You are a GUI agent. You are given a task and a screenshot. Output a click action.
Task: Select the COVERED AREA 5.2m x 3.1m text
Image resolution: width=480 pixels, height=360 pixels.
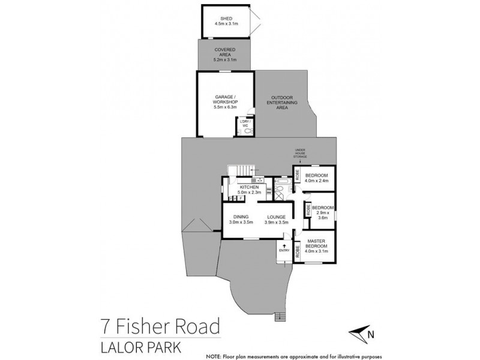pos(225,55)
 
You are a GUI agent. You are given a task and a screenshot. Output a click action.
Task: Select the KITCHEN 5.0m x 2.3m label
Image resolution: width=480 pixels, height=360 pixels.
pos(249,190)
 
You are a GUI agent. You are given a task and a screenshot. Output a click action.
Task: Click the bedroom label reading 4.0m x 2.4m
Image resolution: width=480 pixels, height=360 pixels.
pos(317,176)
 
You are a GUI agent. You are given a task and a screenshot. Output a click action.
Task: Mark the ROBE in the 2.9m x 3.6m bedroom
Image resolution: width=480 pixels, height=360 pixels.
pos(308,211)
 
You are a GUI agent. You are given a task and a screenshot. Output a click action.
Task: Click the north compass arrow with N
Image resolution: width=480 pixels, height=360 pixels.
pos(362,334)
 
